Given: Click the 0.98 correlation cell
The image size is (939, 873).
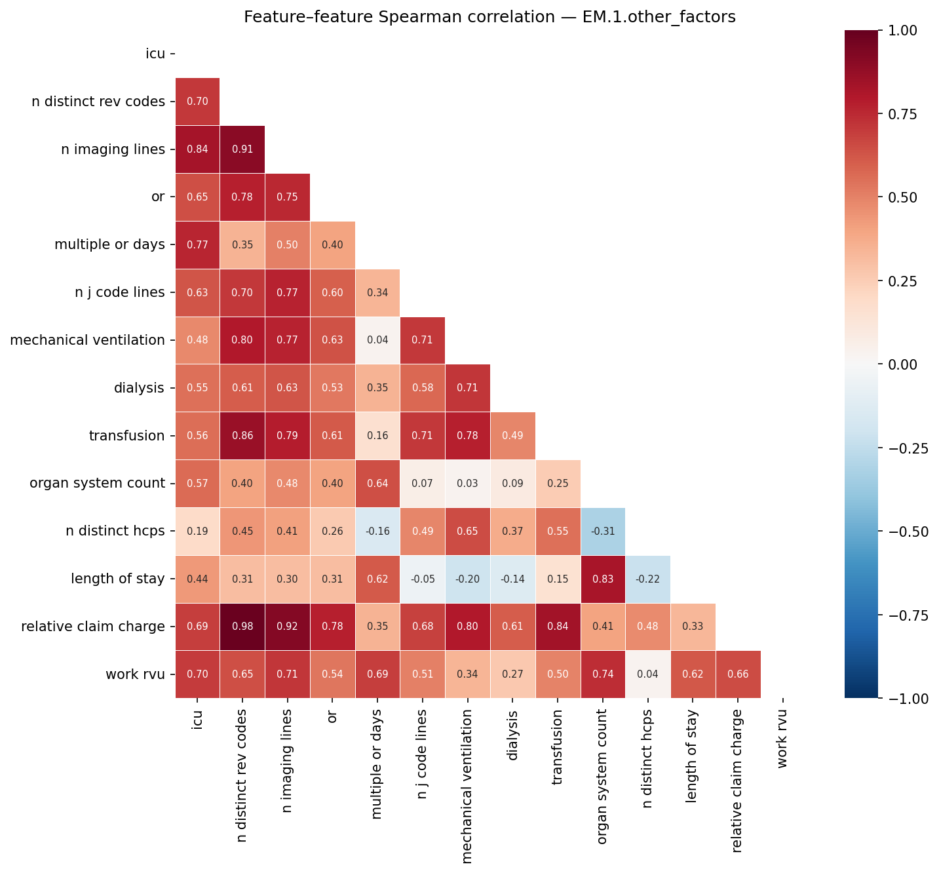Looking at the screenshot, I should (242, 627).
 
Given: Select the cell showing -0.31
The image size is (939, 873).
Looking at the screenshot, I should (603, 531).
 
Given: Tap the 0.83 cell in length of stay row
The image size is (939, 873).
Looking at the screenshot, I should (603, 579).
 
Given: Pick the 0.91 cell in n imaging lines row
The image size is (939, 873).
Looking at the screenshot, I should (242, 149).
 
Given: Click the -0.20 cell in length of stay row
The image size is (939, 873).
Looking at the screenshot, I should (467, 579).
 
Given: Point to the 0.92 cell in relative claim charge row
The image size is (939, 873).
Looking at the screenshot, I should (287, 627).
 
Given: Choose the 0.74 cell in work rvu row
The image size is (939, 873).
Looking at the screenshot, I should (603, 674).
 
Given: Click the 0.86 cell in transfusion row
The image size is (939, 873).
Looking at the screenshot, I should (242, 436).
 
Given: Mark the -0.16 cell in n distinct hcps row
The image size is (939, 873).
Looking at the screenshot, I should (377, 531).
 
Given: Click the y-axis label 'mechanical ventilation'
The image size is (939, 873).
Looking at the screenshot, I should (87, 340).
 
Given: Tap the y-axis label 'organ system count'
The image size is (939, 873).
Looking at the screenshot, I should (97, 484).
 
